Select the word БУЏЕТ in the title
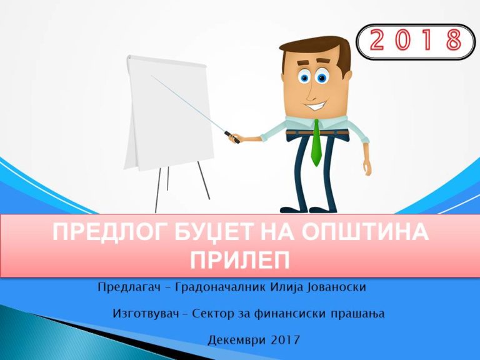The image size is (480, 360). click(x=209, y=235)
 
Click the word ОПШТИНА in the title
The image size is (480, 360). click(x=366, y=235)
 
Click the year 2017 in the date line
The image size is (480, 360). click(x=285, y=341)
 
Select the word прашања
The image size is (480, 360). click(x=356, y=314)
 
